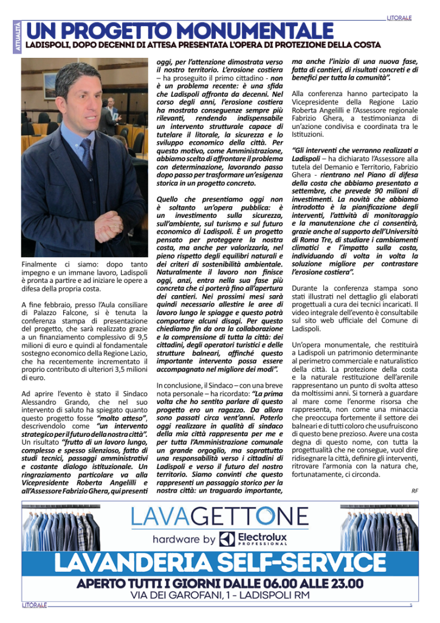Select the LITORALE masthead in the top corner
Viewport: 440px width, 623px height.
pos(400,18)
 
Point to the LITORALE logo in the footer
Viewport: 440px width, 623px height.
pos(34,605)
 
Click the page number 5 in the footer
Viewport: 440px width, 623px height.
pos(411,605)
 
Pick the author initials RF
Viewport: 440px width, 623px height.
pos(414,490)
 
